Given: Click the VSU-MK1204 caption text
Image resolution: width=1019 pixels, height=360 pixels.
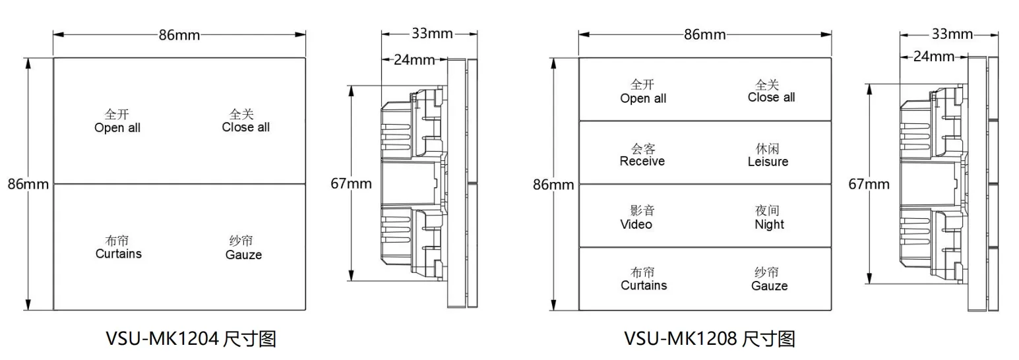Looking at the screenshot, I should point(191,339).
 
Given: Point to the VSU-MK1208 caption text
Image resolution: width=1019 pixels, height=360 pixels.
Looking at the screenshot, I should point(710,339).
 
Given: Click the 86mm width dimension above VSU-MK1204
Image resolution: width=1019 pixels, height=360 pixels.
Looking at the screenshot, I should point(179,35).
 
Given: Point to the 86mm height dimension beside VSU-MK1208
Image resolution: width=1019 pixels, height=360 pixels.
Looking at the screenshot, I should point(553,185).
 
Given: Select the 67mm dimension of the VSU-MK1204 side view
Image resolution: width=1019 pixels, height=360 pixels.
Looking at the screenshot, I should point(351,184).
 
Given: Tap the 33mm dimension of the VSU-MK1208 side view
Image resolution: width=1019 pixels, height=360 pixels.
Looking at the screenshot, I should point(952,34).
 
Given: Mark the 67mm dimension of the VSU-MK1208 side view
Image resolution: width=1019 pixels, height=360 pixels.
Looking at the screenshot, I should point(869,185).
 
